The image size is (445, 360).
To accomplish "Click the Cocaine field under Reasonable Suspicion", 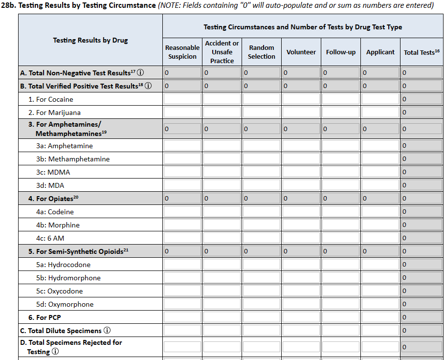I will pos(182,99).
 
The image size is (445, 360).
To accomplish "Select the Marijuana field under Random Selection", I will pos(262,112).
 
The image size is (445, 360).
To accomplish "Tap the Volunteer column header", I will pos(301,52).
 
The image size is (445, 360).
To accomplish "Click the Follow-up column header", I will pos(341,52).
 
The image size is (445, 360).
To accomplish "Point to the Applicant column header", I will pos(380,52).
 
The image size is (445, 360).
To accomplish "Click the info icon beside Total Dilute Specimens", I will pos(107,331).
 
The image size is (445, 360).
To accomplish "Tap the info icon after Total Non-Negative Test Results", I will pos(140,73).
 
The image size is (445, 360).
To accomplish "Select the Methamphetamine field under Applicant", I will pos(380,159).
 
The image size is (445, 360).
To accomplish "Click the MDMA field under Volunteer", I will pos(301,172).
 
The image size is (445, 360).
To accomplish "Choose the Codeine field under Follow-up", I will pos(341,212).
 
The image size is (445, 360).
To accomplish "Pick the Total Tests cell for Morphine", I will pos(422,225).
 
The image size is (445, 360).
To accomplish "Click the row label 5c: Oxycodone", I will pos(65,291).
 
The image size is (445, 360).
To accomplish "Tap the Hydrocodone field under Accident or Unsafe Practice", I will pos(222,265).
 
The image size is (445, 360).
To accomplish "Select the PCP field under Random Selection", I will pos(262,317).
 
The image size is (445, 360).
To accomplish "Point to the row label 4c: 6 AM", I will pos(50,238).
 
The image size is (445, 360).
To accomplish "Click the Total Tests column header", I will pos(422,52).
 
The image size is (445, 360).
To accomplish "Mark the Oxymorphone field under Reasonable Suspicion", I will pos(182,304).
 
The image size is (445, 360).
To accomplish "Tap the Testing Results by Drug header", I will pos(90,40).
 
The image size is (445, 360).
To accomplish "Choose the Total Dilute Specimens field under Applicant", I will pos(380,331).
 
